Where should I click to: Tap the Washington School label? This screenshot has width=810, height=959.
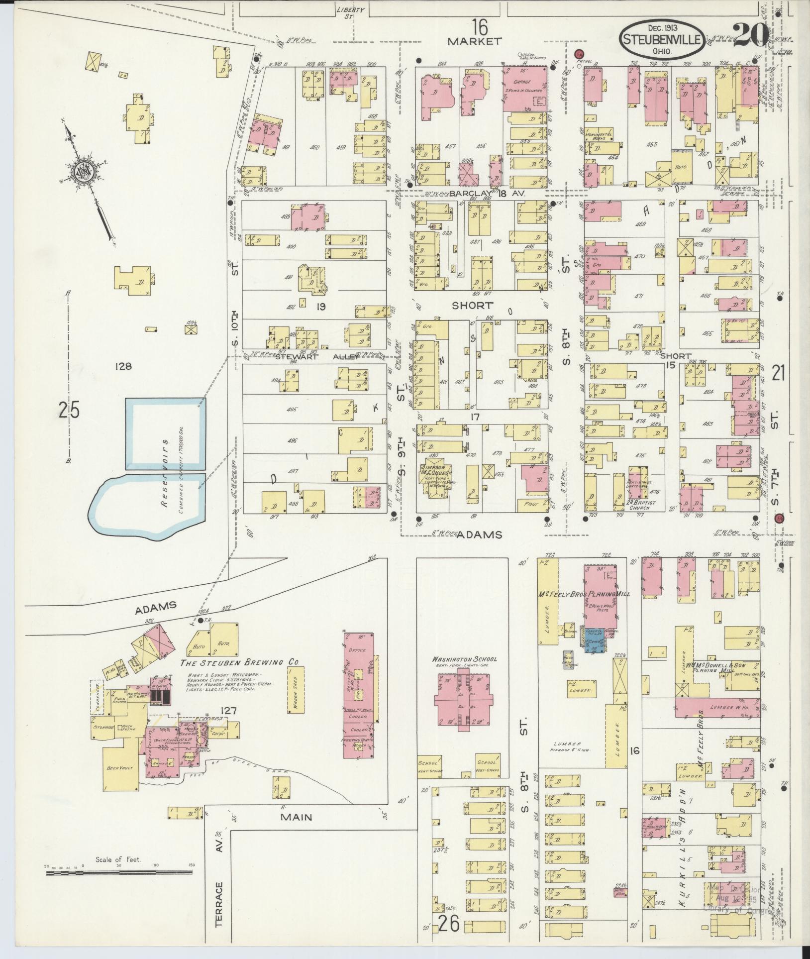464,659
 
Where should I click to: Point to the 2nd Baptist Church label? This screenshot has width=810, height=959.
639,506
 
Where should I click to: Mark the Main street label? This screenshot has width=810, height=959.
297,817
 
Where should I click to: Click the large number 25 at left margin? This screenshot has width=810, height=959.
69,411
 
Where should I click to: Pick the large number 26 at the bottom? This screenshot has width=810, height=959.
448,925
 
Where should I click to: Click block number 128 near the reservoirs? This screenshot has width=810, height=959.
122,367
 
